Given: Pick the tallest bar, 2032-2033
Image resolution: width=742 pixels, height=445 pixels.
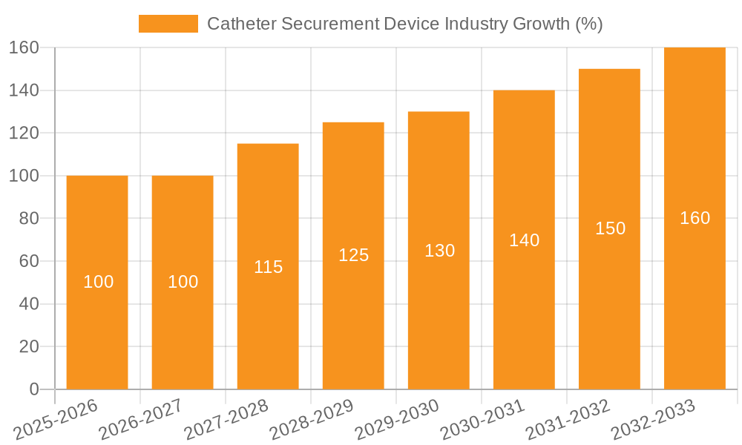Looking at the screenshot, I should pyautogui.click(x=695, y=297).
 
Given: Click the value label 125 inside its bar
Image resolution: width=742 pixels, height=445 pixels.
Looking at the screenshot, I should pyautogui.click(x=354, y=255).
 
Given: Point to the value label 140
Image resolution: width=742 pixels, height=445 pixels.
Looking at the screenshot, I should pyautogui.click(x=525, y=240).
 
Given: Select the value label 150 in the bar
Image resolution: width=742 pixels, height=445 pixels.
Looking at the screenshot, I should pyautogui.click(x=610, y=228).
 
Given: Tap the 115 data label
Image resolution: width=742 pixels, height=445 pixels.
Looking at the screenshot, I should pyautogui.click(x=268, y=267).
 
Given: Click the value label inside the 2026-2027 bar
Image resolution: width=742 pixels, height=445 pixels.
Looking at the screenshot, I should pyautogui.click(x=183, y=282).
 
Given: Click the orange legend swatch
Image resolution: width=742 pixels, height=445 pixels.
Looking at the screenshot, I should pyautogui.click(x=168, y=24).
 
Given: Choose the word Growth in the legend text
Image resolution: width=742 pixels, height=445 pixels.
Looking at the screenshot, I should pyautogui.click(x=542, y=24).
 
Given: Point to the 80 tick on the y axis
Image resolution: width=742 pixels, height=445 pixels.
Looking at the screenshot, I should pyautogui.click(x=28, y=219).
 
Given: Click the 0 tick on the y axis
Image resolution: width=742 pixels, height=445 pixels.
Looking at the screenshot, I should pyautogui.click(x=33, y=389).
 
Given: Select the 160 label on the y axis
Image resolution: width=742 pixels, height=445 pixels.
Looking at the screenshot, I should pyautogui.click(x=24, y=47).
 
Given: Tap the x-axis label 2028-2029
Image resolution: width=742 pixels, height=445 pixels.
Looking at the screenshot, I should pyautogui.click(x=311, y=418).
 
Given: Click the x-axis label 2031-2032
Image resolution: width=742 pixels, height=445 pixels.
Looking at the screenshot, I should pyautogui.click(x=567, y=418).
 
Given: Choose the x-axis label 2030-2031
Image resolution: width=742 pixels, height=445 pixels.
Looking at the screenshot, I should pyautogui.click(x=482, y=418).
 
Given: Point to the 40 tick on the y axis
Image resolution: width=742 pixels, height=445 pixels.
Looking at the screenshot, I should pyautogui.click(x=28, y=304).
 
